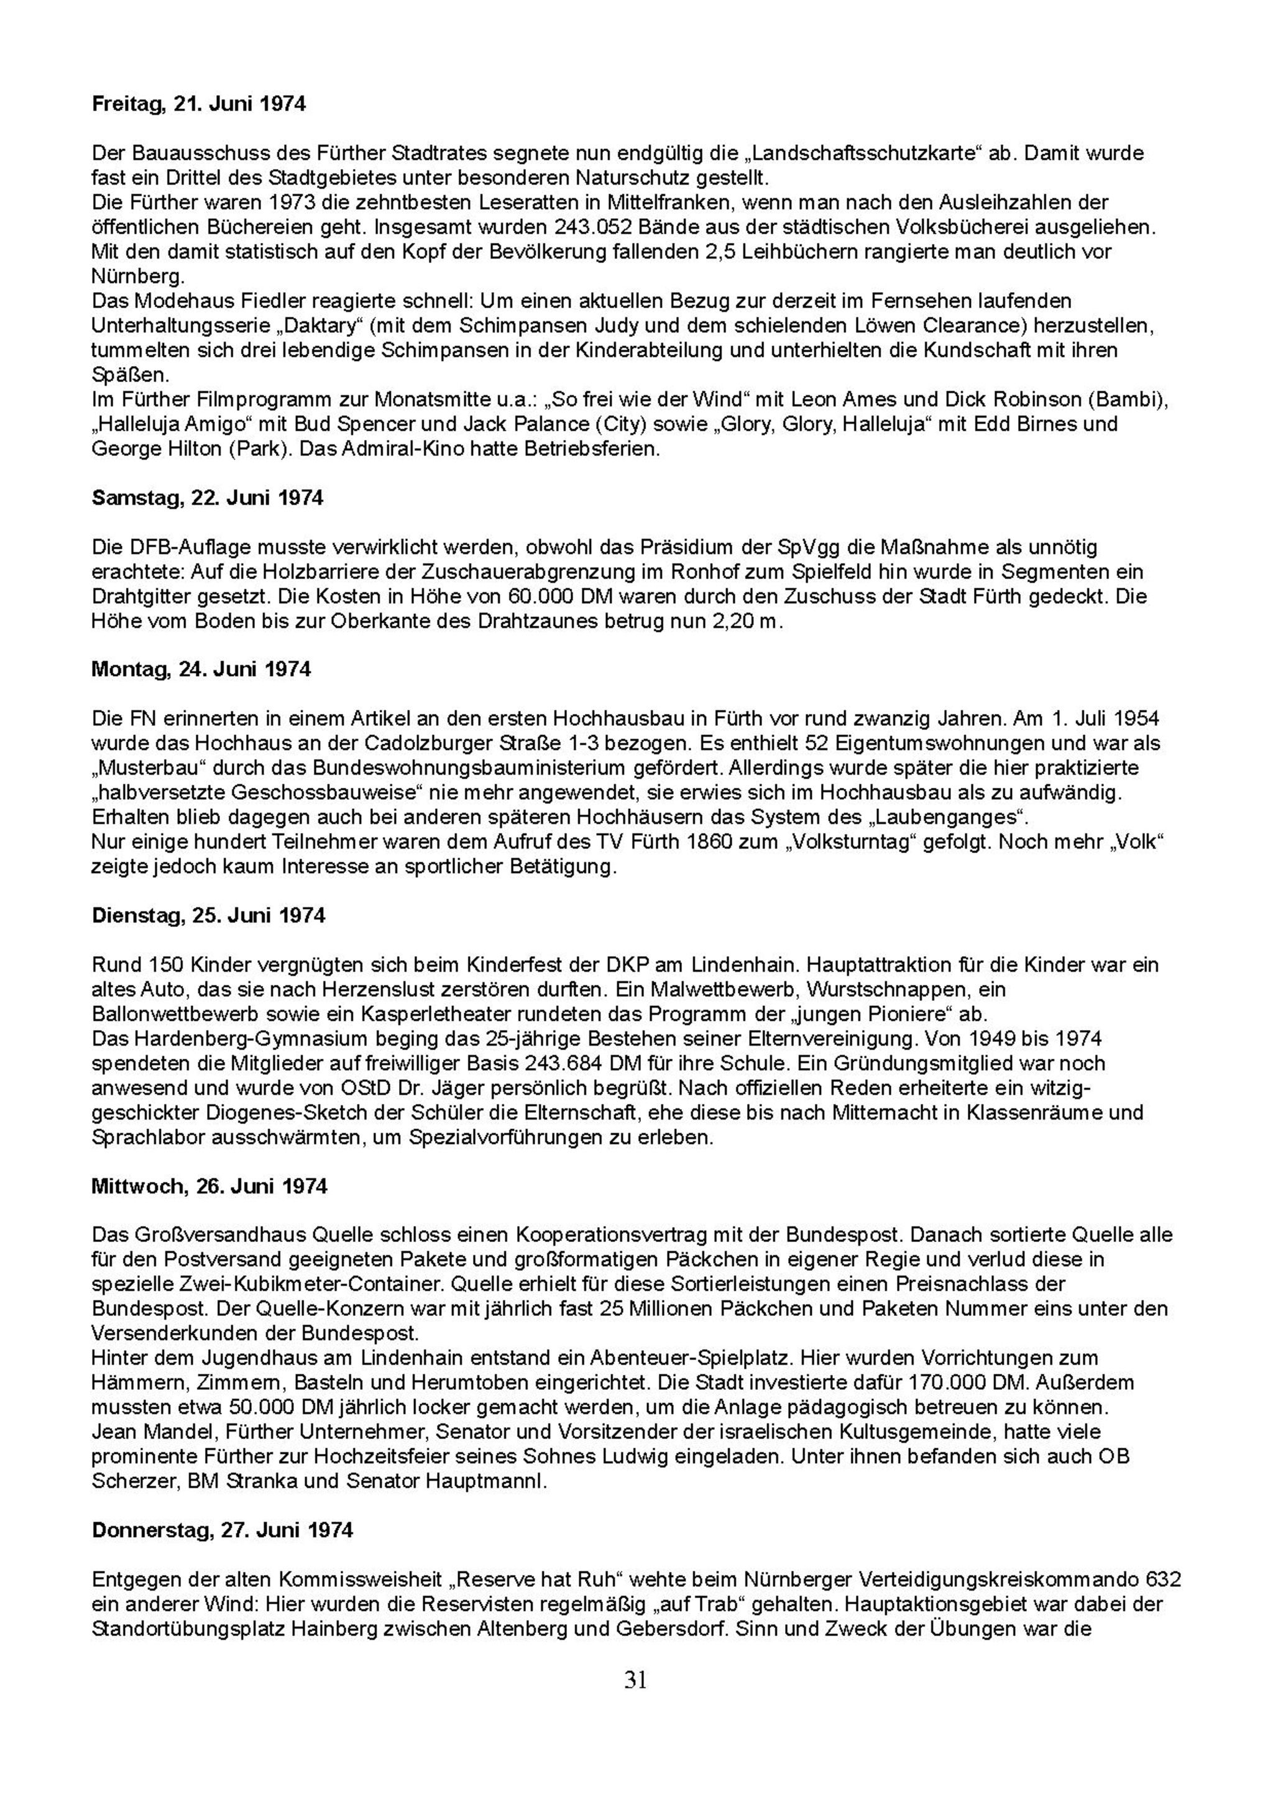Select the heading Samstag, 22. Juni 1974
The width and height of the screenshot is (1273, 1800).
[207, 498]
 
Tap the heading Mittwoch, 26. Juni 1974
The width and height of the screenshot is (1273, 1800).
[209, 1186]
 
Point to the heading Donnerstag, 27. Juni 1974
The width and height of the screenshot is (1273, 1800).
[222, 1530]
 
